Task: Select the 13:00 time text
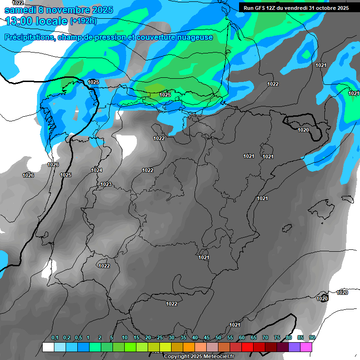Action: [21, 21]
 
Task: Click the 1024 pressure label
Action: [97, 170]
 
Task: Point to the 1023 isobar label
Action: [106, 184]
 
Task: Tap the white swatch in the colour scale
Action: [48, 347]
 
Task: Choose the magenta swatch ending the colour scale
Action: [306, 347]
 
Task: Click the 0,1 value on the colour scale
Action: [54, 338]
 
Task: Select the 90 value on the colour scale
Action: [312, 338]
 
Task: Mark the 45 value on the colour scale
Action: [207, 338]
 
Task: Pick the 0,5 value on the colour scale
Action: [78, 338]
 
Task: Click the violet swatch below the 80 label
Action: [294, 347]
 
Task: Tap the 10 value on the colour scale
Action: [125, 338]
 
